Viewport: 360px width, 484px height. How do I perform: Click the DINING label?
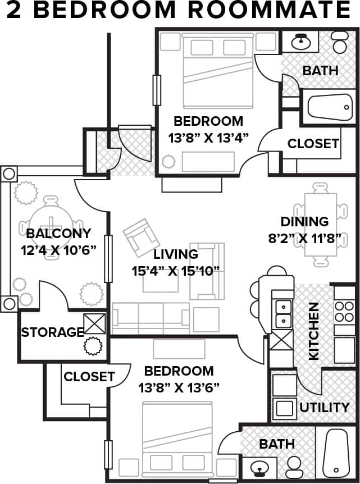click(304, 221)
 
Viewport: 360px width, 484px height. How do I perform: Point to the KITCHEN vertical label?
click(313, 331)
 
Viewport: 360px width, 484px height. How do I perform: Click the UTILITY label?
click(324, 407)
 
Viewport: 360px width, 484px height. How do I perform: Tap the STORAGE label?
click(52, 332)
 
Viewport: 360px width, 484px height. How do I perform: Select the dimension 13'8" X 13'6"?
click(179, 387)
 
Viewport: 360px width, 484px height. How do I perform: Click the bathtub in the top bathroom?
click(330, 107)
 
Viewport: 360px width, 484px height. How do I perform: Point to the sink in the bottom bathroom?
click(259, 466)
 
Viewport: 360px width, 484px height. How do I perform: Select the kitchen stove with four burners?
click(344, 312)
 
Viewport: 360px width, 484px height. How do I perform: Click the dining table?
click(321, 223)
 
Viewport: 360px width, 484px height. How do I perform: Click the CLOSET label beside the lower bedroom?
click(89, 377)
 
